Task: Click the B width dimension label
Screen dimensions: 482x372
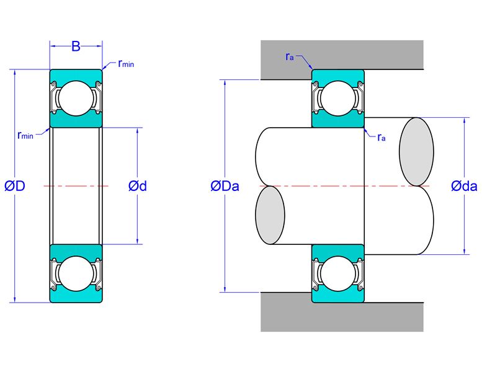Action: click(x=76, y=46)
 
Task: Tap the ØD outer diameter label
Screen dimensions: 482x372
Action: click(x=15, y=186)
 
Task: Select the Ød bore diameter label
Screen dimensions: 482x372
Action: click(x=138, y=186)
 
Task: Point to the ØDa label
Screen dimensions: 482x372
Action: click(x=225, y=186)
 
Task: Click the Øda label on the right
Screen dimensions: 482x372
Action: click(x=464, y=186)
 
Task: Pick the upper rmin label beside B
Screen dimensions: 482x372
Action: click(x=126, y=64)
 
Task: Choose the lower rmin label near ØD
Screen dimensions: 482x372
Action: click(x=25, y=135)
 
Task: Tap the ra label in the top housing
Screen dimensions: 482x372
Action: click(x=290, y=56)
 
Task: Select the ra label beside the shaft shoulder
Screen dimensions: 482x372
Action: click(x=381, y=137)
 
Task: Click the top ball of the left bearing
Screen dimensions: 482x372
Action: click(x=76, y=99)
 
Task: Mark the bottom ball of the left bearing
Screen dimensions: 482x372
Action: click(x=76, y=273)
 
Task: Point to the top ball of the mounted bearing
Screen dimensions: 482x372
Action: click(x=338, y=99)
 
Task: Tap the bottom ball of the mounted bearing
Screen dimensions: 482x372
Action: click(x=338, y=273)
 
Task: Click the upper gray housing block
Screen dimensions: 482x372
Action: click(x=342, y=55)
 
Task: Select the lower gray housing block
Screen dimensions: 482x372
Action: click(x=342, y=316)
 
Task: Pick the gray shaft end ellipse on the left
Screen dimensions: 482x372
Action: click(x=270, y=215)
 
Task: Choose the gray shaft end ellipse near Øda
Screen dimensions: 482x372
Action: click(x=416, y=152)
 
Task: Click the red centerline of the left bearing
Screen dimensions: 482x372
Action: click(x=76, y=186)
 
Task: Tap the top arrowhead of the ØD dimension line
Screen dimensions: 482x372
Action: click(x=14, y=72)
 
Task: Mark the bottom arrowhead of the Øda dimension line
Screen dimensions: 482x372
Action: click(x=464, y=251)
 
